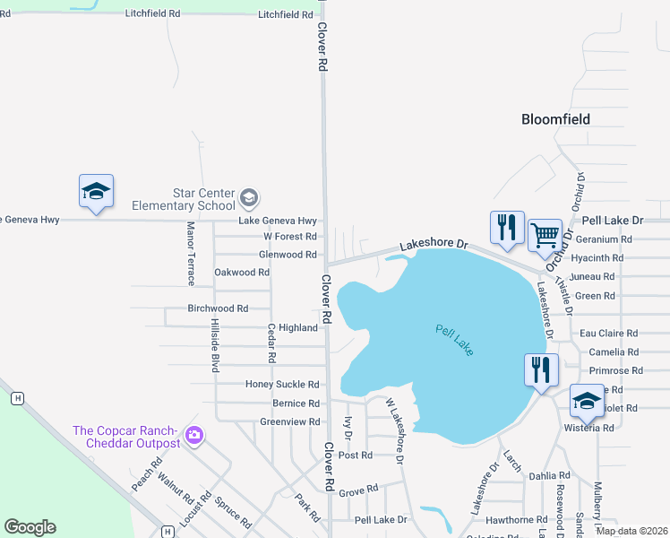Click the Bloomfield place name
pos(556,119)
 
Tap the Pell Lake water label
pos(455,341)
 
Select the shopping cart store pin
pos(545,237)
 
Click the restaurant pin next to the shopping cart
pos(506,229)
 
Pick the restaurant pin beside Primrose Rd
pos(541,370)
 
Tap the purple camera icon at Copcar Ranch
pos(194,437)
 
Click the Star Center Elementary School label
pos(204,199)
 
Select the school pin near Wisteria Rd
pos(586,401)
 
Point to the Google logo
pos(30,526)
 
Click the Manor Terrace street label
pos(191,254)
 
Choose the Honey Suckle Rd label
pos(282,385)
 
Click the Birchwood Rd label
pos(218,308)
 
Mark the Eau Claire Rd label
pos(610,334)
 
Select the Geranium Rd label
pos(604,239)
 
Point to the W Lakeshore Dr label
pos(395,431)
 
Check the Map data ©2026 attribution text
pos(631,531)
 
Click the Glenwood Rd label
pos(288,255)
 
